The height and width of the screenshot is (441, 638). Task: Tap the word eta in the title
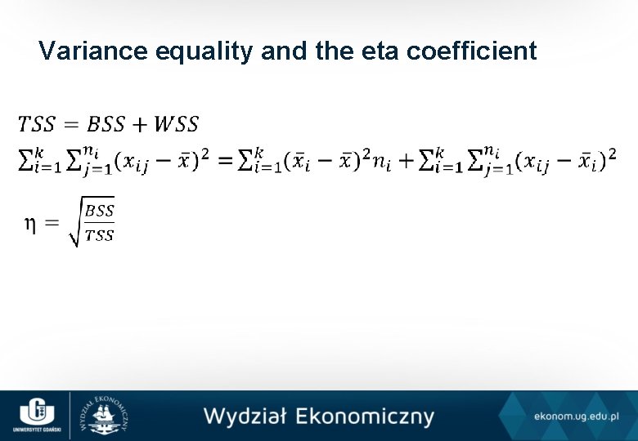357,51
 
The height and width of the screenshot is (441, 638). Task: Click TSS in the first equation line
37,124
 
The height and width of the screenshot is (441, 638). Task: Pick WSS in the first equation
176,124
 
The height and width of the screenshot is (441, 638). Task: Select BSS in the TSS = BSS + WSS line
106,124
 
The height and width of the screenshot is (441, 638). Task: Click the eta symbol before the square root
29,223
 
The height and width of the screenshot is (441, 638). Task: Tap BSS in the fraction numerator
100,210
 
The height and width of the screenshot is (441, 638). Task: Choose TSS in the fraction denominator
100,235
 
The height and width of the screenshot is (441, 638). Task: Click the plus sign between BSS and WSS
139,125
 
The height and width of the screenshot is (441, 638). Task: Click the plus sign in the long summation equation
407,160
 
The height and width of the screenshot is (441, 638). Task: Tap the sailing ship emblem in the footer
104,416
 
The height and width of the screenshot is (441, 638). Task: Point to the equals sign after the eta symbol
52,223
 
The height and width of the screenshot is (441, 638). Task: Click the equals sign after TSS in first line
70,125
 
